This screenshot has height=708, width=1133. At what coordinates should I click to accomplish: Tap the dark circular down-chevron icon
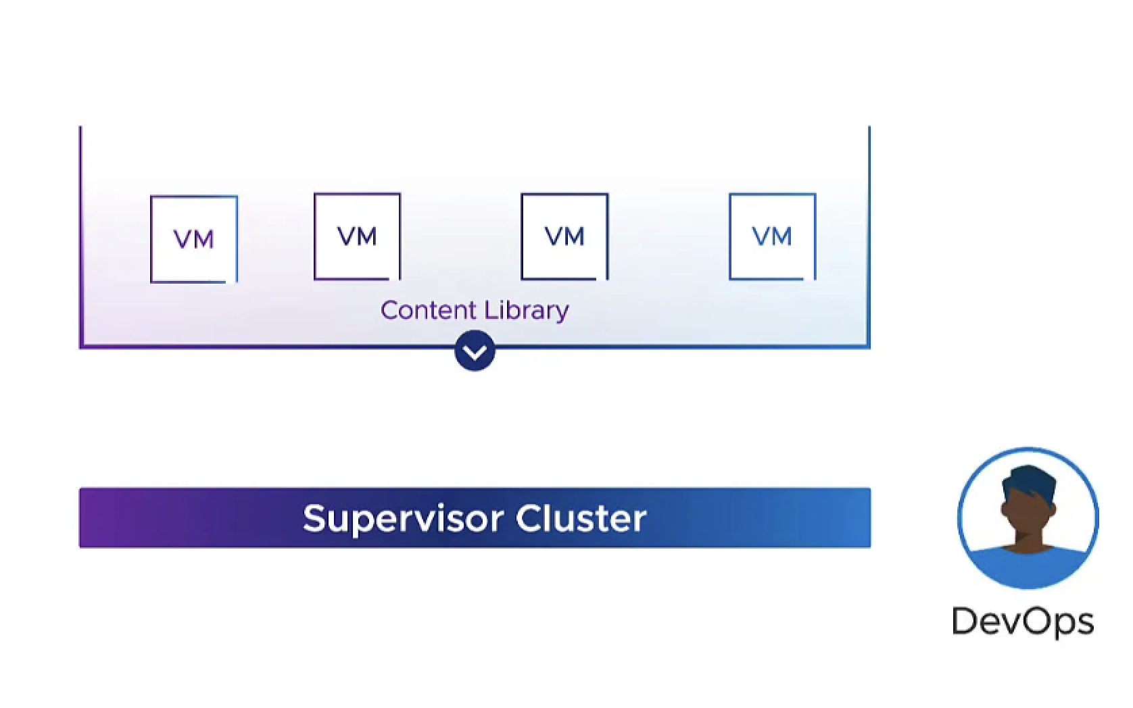[475, 351]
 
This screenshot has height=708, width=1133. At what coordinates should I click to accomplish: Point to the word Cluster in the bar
[581, 519]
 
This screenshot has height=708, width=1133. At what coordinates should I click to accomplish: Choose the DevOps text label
[1022, 622]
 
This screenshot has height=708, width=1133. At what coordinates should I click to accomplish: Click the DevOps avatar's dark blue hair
[1030, 481]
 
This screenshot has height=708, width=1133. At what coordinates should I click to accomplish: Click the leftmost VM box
[194, 238]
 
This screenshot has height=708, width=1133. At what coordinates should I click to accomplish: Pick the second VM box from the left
[357, 236]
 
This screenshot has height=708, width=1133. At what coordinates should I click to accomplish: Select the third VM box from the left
[564, 236]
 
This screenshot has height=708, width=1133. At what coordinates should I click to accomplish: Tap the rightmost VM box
[772, 236]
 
